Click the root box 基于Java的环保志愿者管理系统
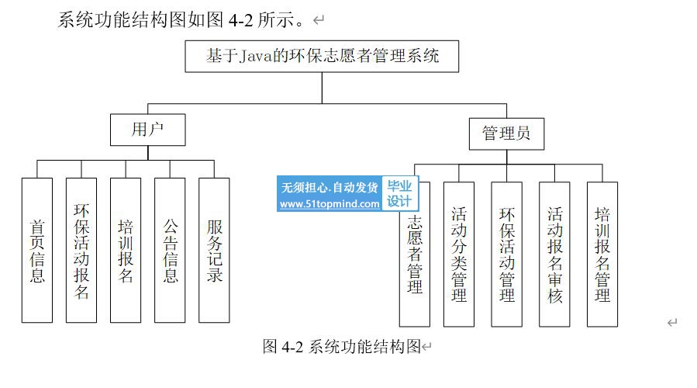click(322, 57)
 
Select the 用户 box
click(147, 129)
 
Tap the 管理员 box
click(506, 133)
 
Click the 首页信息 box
click(36, 250)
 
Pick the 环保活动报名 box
click(81, 250)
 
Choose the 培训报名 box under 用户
click(125, 250)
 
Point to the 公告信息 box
click(170, 250)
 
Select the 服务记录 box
click(214, 250)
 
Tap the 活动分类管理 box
click(458, 254)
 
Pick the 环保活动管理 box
click(506, 254)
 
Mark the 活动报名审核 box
click(554, 254)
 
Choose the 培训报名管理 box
click(602, 254)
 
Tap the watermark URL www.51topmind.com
click(330, 204)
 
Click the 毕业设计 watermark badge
click(399, 193)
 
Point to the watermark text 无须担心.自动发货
click(330, 187)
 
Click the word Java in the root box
click(256, 57)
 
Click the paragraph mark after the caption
click(426, 347)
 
